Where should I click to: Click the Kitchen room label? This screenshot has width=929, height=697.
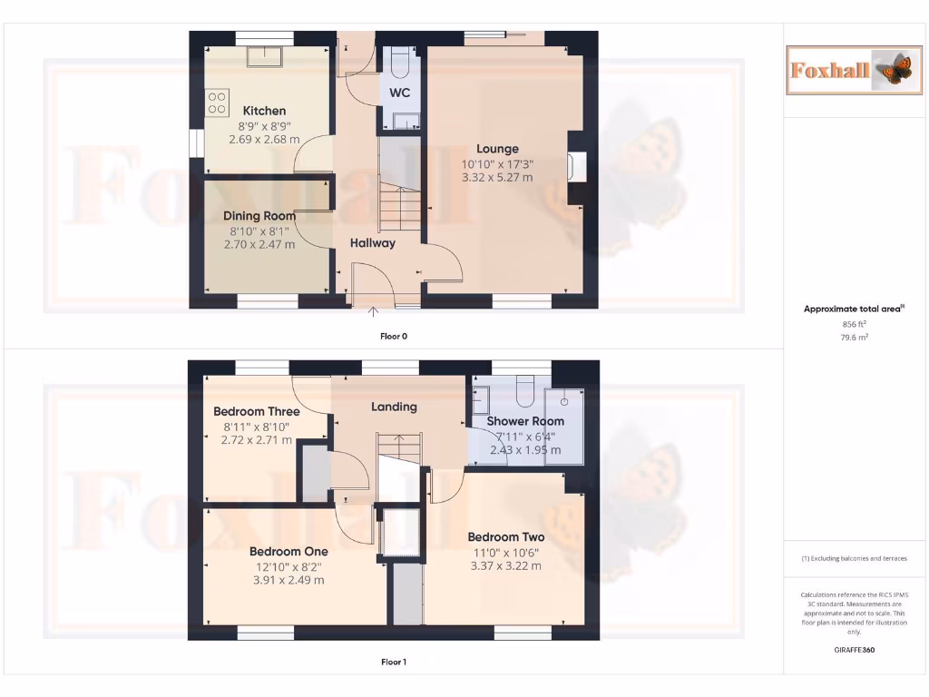pyautogui.click(x=264, y=111)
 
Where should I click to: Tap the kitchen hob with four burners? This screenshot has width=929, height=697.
pyautogui.click(x=217, y=102)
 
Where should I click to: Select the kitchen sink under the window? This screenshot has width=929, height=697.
pyautogui.click(x=269, y=56)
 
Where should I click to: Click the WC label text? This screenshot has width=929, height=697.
pyautogui.click(x=400, y=93)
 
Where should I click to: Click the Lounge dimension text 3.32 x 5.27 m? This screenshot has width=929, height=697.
pyautogui.click(x=497, y=178)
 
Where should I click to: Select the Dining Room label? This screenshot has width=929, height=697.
pyautogui.click(x=260, y=216)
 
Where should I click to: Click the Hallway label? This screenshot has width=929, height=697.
pyautogui.click(x=373, y=242)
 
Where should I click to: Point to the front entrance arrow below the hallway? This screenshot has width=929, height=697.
pyautogui.click(x=373, y=312)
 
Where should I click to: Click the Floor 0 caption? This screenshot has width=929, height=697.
pyautogui.click(x=394, y=336)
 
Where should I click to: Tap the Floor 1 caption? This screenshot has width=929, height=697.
pyautogui.click(x=394, y=663)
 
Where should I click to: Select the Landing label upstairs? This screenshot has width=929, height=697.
pyautogui.click(x=394, y=407)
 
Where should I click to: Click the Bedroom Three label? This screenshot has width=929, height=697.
pyautogui.click(x=257, y=411)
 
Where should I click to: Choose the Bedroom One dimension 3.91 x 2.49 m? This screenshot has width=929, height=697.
pyautogui.click(x=288, y=580)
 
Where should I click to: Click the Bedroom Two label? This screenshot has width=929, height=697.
pyautogui.click(x=505, y=536)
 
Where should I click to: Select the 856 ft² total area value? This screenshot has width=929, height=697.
pyautogui.click(x=848, y=323)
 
